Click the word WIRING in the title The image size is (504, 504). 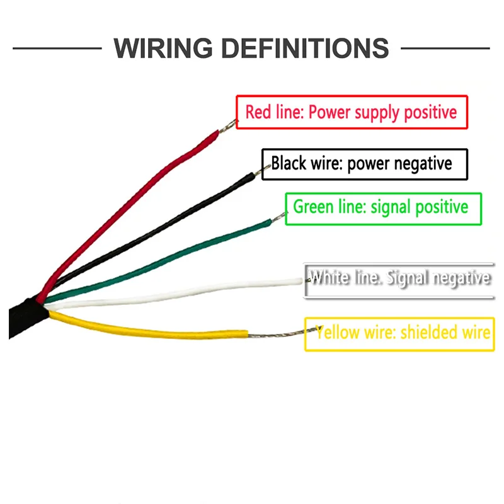(163, 49)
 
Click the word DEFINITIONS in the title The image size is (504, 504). (306, 49)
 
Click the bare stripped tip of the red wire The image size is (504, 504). (227, 125)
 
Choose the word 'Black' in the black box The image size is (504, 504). (289, 163)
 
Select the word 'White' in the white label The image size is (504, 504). (329, 277)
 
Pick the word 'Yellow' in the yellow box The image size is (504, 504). (338, 333)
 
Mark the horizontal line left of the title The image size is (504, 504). (57, 49)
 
